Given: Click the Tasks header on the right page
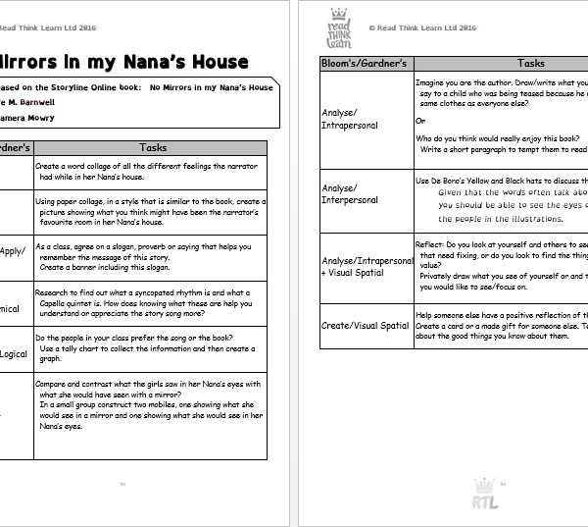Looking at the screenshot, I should click(x=530, y=63).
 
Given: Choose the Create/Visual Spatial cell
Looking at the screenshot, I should click(x=366, y=325).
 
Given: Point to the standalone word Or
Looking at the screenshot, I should click(x=420, y=121).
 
